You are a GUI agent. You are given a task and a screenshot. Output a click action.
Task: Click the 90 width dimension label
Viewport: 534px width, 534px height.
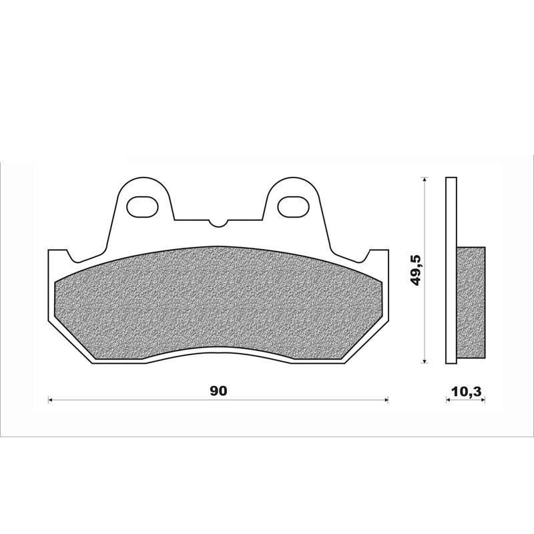[218, 391]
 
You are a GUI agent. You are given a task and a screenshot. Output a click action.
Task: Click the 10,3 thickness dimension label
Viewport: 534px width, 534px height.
[466, 392]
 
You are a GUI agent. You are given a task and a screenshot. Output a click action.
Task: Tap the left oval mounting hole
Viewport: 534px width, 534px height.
[142, 207]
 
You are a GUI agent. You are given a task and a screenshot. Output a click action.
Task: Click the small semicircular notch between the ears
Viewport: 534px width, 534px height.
[218, 223]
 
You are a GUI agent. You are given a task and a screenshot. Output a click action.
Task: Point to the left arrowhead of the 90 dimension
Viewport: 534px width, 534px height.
[49, 400]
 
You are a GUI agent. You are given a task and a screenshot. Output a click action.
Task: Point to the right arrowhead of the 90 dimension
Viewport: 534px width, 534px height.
[386, 400]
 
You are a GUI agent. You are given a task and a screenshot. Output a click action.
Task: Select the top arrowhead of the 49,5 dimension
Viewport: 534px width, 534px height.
[424, 180]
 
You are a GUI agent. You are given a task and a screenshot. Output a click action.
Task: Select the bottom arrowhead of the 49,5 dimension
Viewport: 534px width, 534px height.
[424, 361]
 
